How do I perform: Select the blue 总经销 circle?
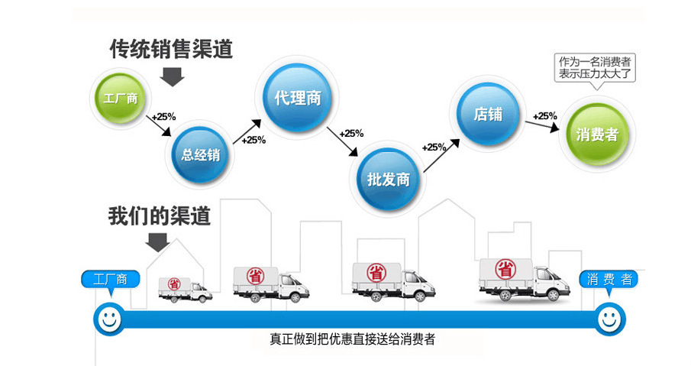click(x=201, y=154)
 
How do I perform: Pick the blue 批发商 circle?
click(x=389, y=180)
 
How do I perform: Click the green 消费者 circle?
click(x=597, y=134)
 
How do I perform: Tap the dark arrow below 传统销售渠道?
click(x=174, y=76)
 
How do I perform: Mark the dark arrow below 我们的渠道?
click(x=158, y=242)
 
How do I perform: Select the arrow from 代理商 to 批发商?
click(x=342, y=143)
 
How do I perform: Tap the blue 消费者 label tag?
click(x=609, y=280)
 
